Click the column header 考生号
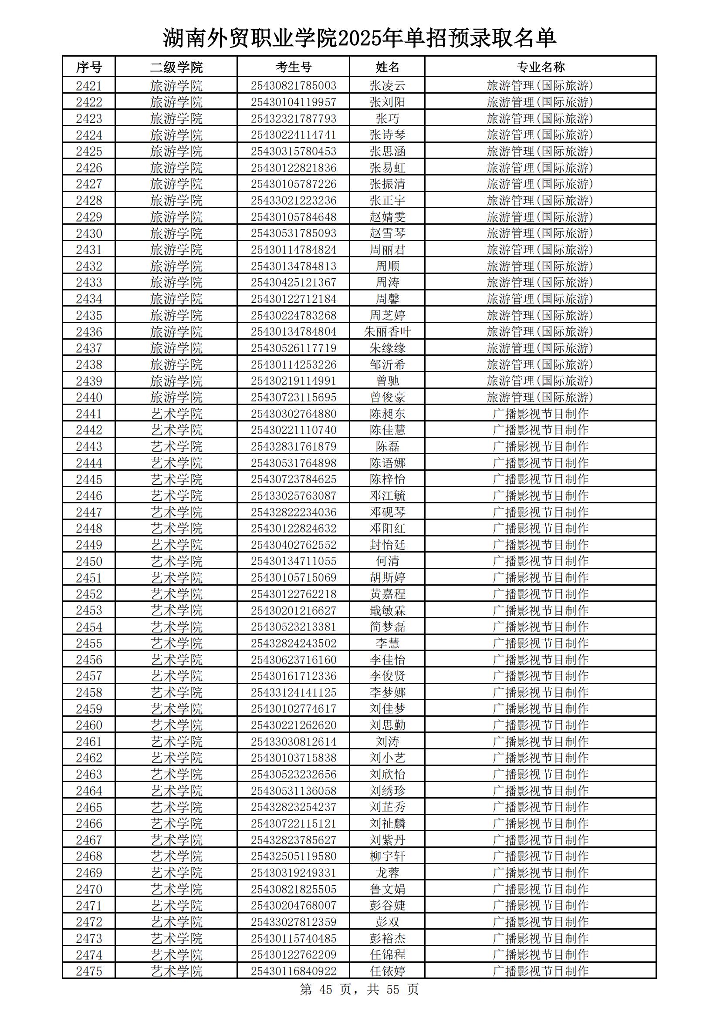[x=293, y=67]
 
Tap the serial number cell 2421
[x=89, y=86]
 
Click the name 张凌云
[x=387, y=86]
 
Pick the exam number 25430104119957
[x=293, y=102]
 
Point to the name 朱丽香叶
[x=387, y=332]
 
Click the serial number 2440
[x=89, y=397]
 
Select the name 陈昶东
[x=387, y=414]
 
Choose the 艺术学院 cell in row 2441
[x=176, y=414]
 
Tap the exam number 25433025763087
[x=293, y=496]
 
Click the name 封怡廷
[x=387, y=545]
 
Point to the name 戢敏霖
[x=387, y=610]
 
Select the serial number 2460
[x=89, y=725]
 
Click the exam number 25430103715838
[x=293, y=758]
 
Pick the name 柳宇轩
[x=387, y=856]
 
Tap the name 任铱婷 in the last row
[x=387, y=971]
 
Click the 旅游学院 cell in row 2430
[x=176, y=233]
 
